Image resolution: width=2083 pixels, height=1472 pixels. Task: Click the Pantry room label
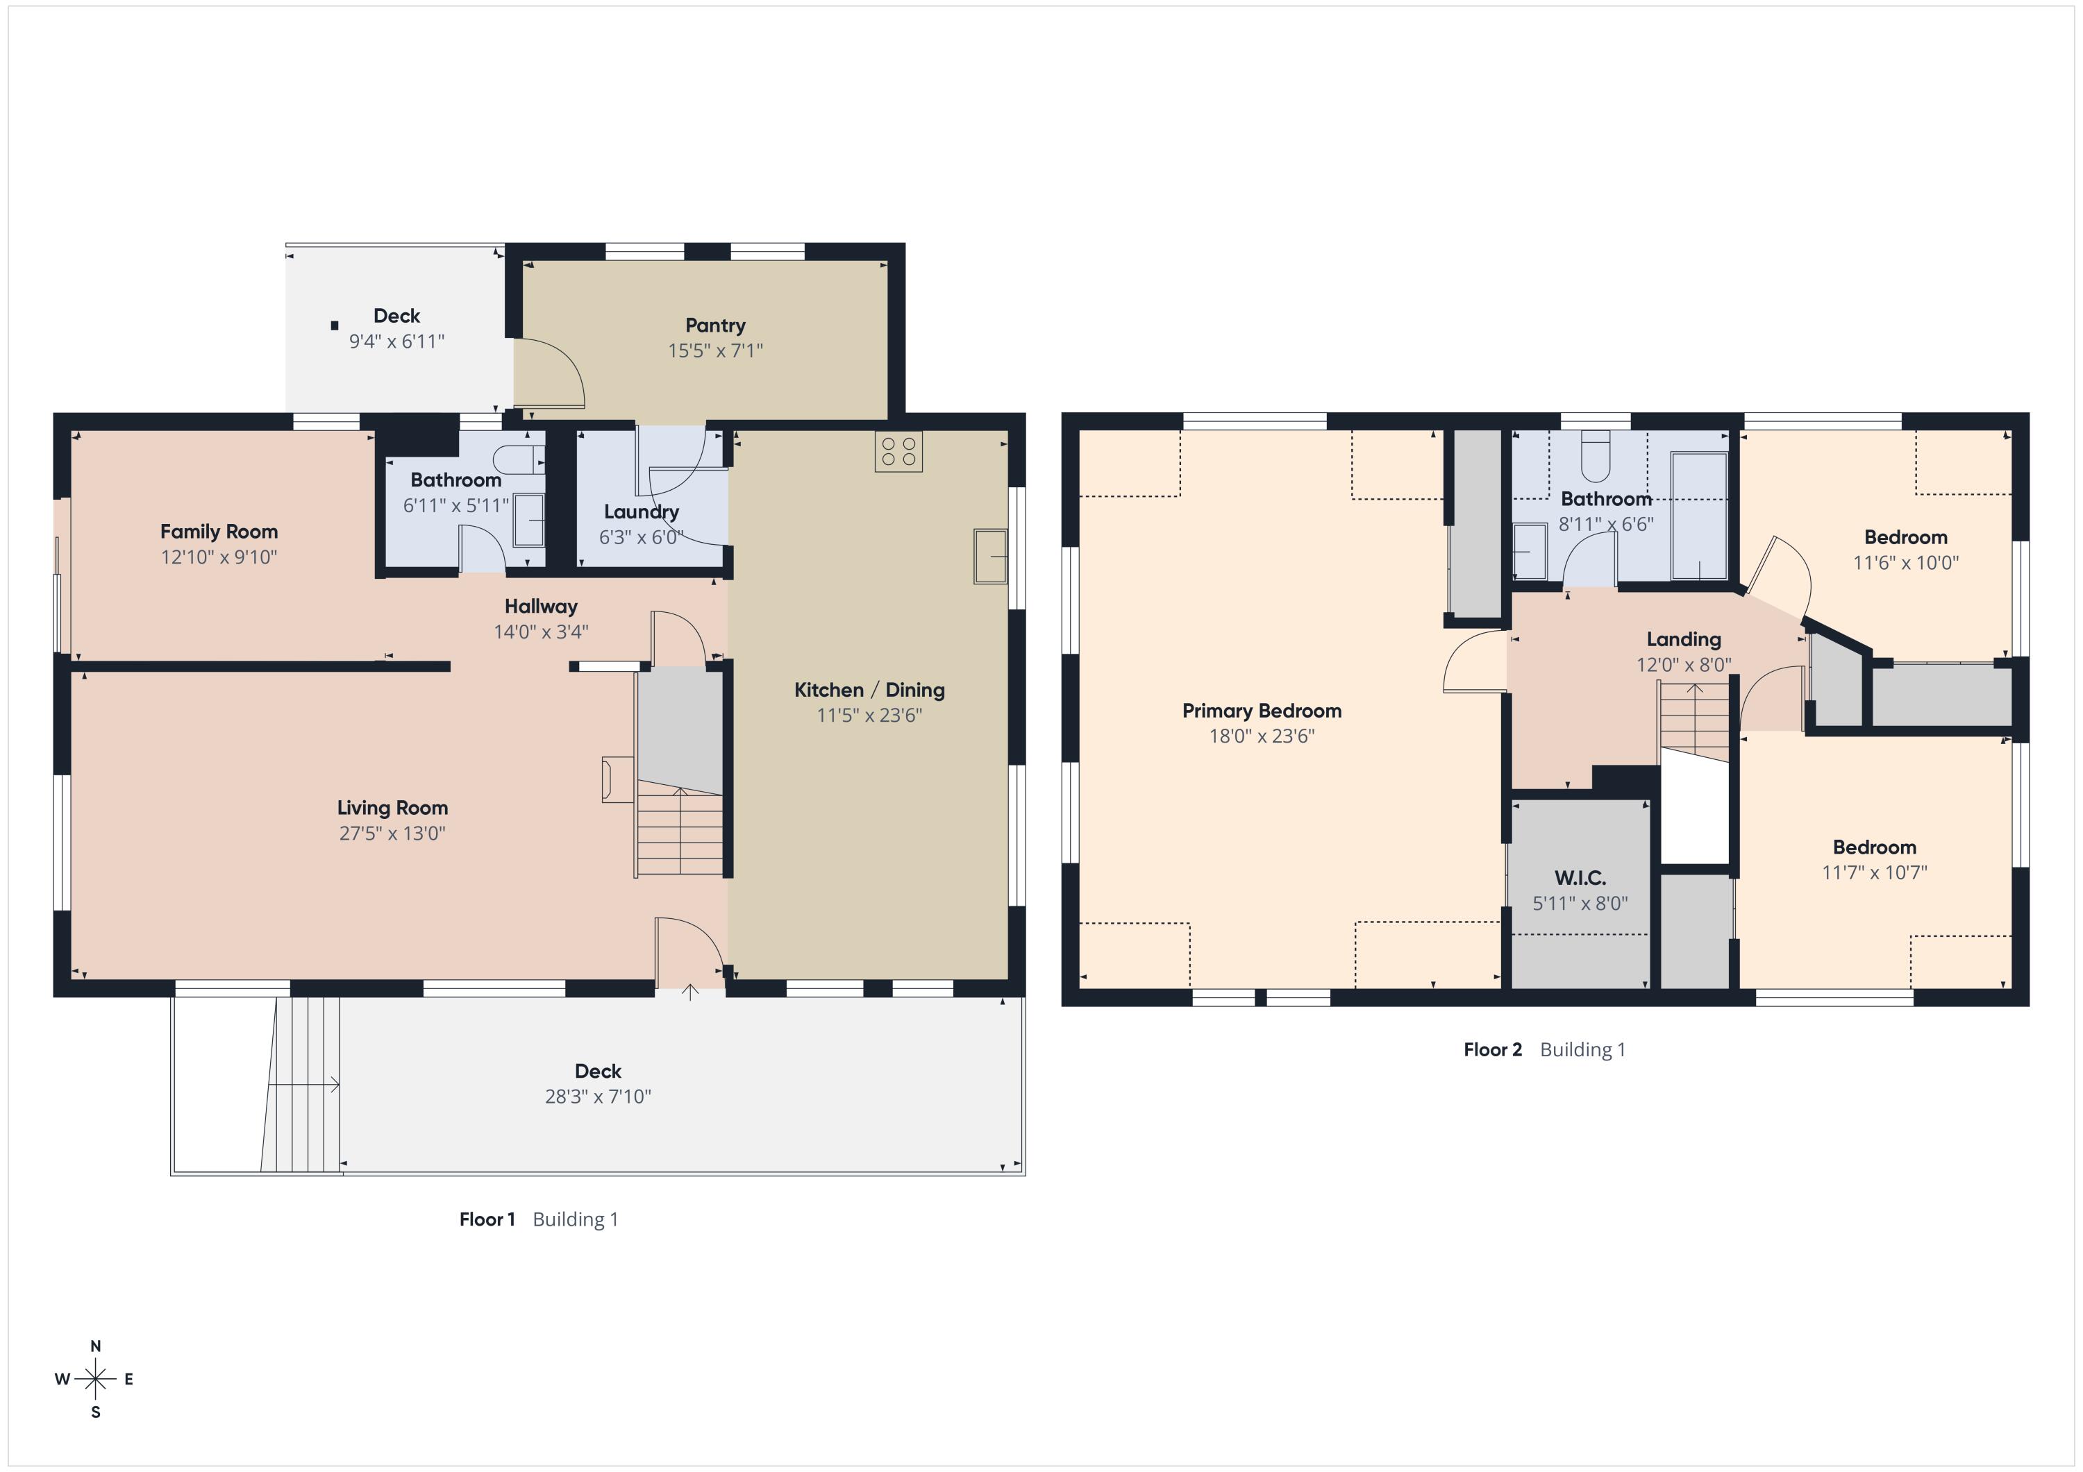click(x=715, y=325)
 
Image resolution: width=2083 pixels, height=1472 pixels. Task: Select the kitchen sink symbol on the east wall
click(x=991, y=556)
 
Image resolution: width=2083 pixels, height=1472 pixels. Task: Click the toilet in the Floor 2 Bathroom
click(x=1595, y=456)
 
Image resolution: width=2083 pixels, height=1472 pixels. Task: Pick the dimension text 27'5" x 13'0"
click(x=392, y=834)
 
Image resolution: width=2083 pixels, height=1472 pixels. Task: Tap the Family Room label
click(x=219, y=532)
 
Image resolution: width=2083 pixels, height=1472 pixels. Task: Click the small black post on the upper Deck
click(x=335, y=325)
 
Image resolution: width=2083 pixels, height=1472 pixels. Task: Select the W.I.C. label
click(x=1580, y=878)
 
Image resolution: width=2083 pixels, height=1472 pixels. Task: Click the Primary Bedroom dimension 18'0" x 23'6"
click(x=1261, y=736)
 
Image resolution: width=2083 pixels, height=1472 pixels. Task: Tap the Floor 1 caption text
click(x=487, y=1219)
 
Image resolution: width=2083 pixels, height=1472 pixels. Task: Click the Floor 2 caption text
click(x=1492, y=1049)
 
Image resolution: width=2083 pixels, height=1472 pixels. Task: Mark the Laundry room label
click(x=642, y=512)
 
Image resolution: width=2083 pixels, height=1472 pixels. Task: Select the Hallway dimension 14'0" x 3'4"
click(x=541, y=632)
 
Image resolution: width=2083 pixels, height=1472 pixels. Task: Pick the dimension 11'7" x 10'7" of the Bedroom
click(x=1874, y=872)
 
